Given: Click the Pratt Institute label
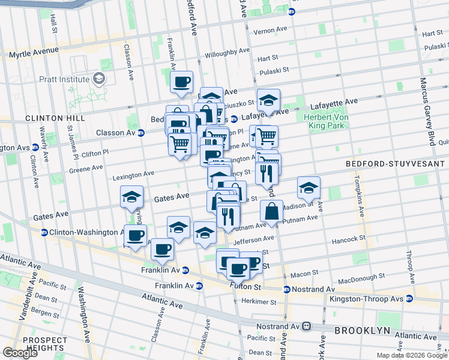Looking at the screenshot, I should (63, 79).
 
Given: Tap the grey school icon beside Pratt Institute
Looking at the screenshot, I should (98, 79).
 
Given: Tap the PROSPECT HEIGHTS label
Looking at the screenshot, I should (44, 344).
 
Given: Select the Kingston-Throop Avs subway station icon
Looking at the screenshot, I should (409, 298).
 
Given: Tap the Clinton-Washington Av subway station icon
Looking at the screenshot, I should (44, 232).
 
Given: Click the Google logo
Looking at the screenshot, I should (20, 353).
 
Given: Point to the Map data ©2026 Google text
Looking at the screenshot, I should (411, 355).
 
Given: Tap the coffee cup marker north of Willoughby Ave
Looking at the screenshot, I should (181, 83).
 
